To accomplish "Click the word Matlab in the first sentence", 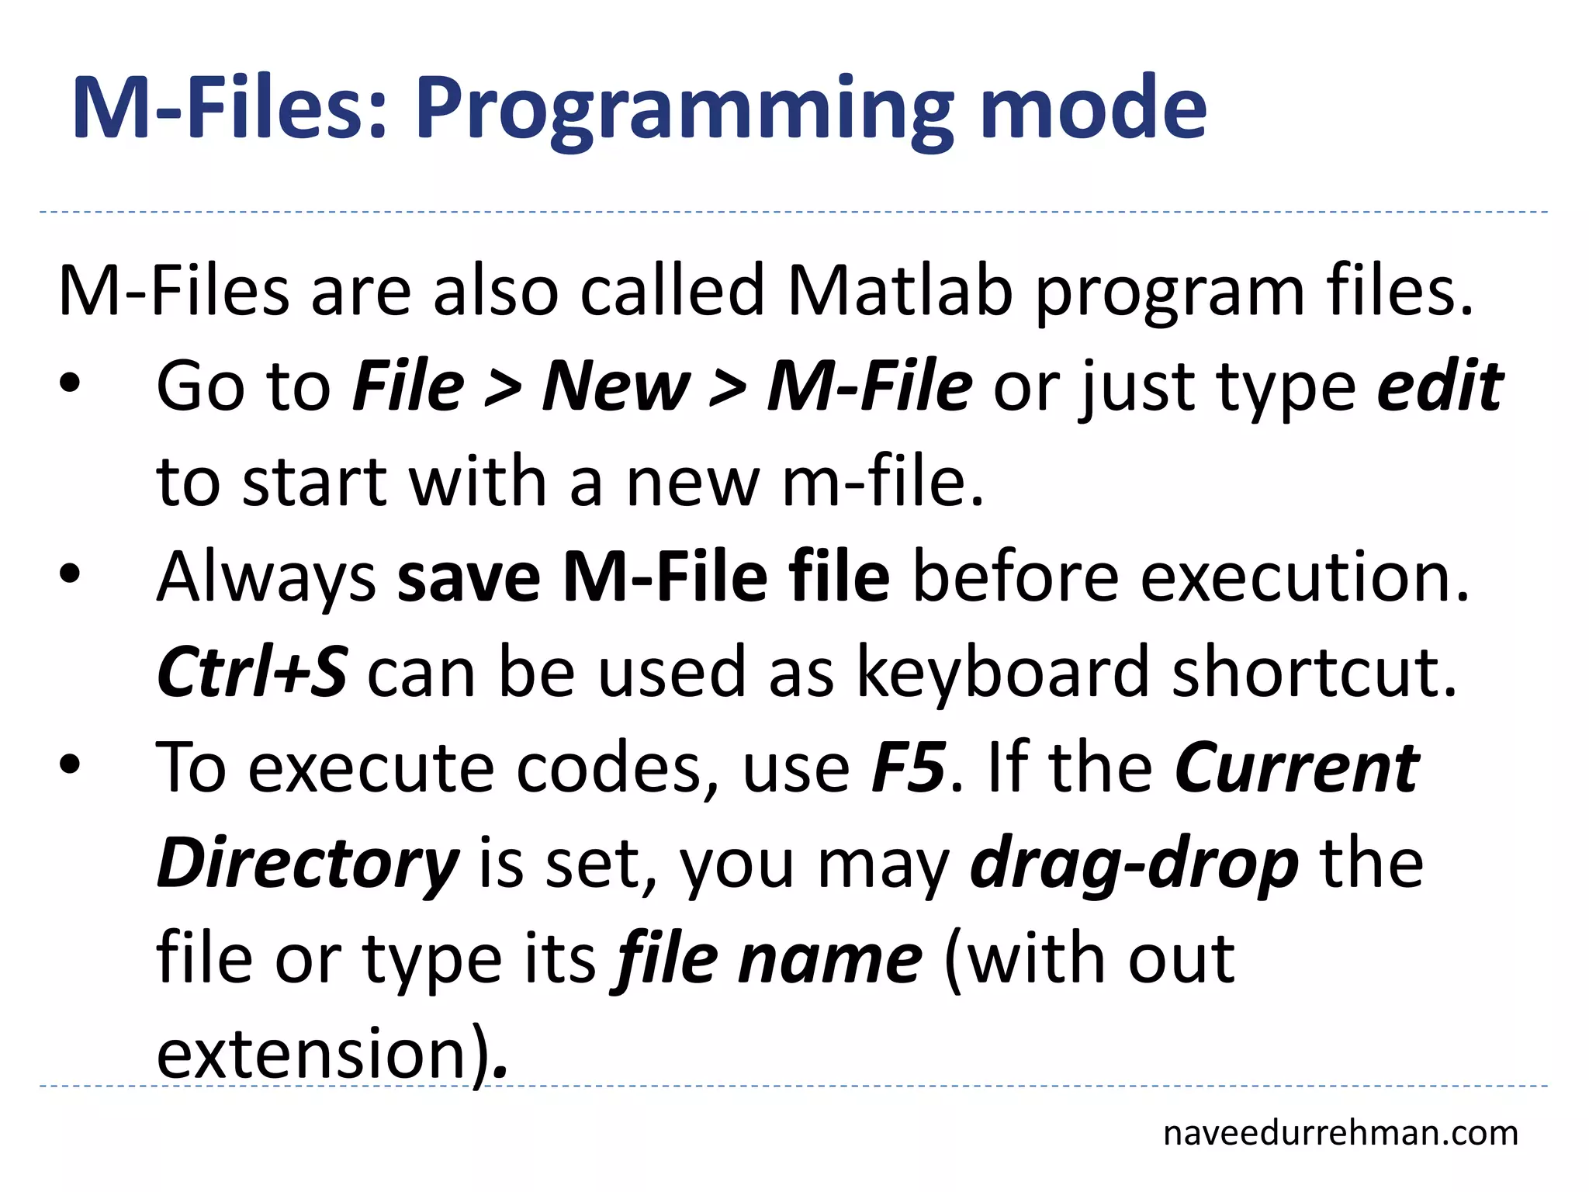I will click(x=900, y=292).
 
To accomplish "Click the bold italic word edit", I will click(x=1440, y=386).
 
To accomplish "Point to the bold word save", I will click(x=469, y=577).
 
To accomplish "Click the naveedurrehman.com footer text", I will click(x=1341, y=1134).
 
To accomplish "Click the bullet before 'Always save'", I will click(x=70, y=575).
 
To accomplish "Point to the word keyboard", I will click(x=1003, y=672).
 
